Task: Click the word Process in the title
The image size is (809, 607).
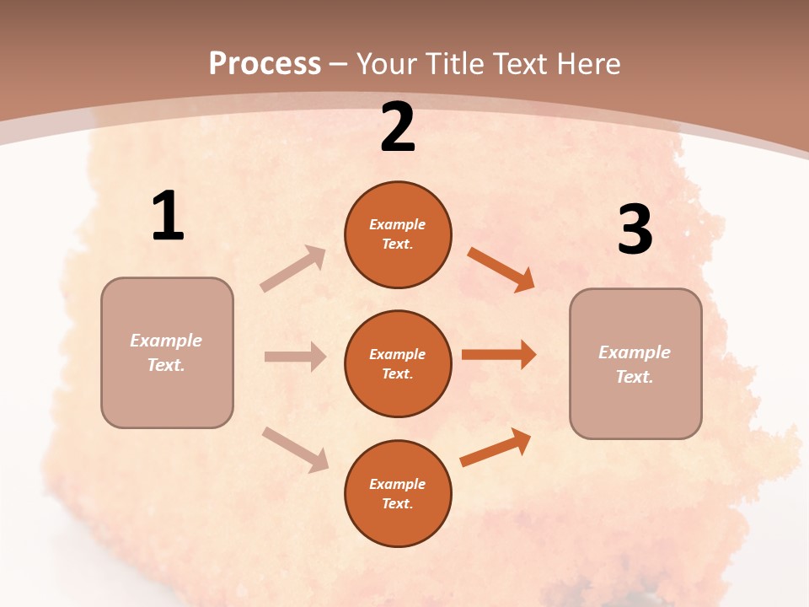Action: point(265,64)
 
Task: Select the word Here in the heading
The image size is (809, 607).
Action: point(587,64)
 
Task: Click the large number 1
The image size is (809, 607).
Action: point(168,217)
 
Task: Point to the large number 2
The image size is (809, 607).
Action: point(398,128)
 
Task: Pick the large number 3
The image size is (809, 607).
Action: point(635,229)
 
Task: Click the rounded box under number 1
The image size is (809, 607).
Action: point(167,352)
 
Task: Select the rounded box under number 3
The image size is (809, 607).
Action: point(635,363)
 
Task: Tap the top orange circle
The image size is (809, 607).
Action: point(398,234)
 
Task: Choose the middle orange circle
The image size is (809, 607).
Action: point(398,363)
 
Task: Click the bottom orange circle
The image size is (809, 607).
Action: point(398,493)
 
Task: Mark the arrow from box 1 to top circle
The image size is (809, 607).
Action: point(292,269)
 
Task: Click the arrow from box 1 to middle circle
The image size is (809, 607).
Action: point(295,357)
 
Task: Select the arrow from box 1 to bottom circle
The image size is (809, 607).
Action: point(295,449)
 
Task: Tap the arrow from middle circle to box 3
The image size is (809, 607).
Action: point(499,355)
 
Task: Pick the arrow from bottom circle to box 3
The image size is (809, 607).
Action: point(496,447)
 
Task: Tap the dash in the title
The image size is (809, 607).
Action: point(339,66)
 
